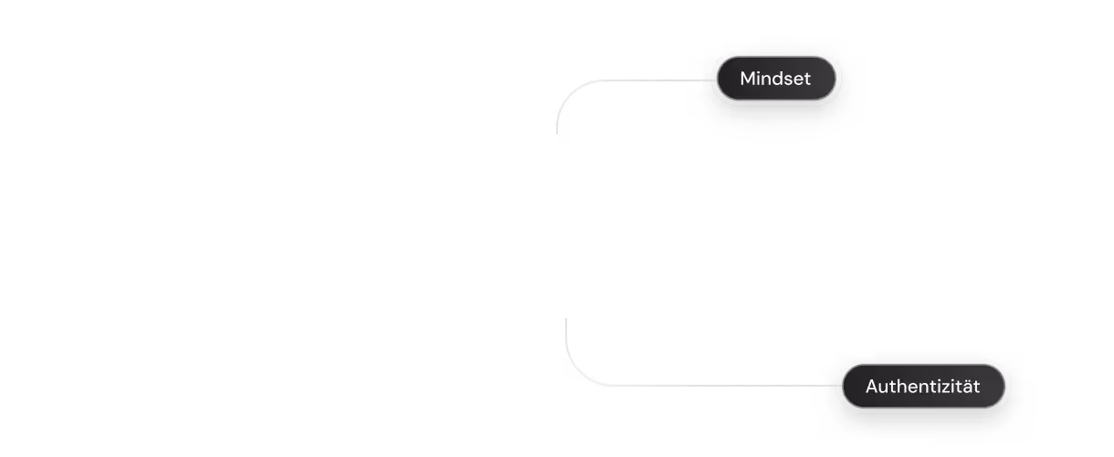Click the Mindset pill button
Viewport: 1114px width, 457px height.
775,79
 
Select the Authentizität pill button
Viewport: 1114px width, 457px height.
922,387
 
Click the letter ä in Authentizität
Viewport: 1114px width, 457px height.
962,387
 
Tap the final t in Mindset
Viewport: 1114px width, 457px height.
806,80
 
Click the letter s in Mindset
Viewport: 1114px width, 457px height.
787,80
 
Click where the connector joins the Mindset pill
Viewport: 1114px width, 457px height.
714,80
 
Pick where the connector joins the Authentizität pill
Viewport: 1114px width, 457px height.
838,386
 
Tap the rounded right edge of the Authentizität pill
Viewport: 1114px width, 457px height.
1005,387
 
